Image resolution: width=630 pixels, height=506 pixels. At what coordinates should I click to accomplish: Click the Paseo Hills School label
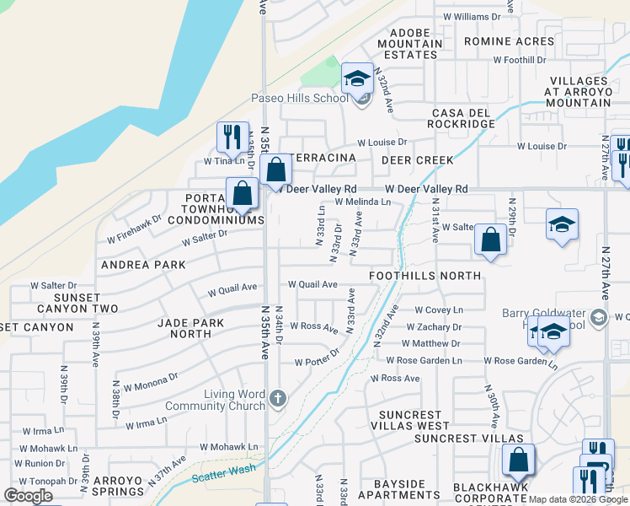pyautogui.click(x=299, y=98)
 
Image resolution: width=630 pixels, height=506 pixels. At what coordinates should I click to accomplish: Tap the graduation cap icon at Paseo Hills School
pyautogui.click(x=357, y=79)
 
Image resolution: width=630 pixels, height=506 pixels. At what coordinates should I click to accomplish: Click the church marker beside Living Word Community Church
pyautogui.click(x=278, y=396)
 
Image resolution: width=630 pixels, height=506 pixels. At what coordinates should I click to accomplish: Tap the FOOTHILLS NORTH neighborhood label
pyautogui.click(x=425, y=276)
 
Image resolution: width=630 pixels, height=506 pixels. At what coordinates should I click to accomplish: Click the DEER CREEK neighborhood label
pyautogui.click(x=417, y=160)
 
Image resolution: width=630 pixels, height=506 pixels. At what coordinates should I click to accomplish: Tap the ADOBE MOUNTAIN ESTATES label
pyautogui.click(x=409, y=44)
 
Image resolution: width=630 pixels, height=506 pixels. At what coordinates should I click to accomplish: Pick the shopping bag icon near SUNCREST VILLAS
pyautogui.click(x=518, y=460)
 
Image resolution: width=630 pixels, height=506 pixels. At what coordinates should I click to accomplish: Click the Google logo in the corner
pyautogui.click(x=29, y=496)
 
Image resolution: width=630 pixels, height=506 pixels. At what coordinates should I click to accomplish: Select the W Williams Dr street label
pyautogui.click(x=471, y=16)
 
